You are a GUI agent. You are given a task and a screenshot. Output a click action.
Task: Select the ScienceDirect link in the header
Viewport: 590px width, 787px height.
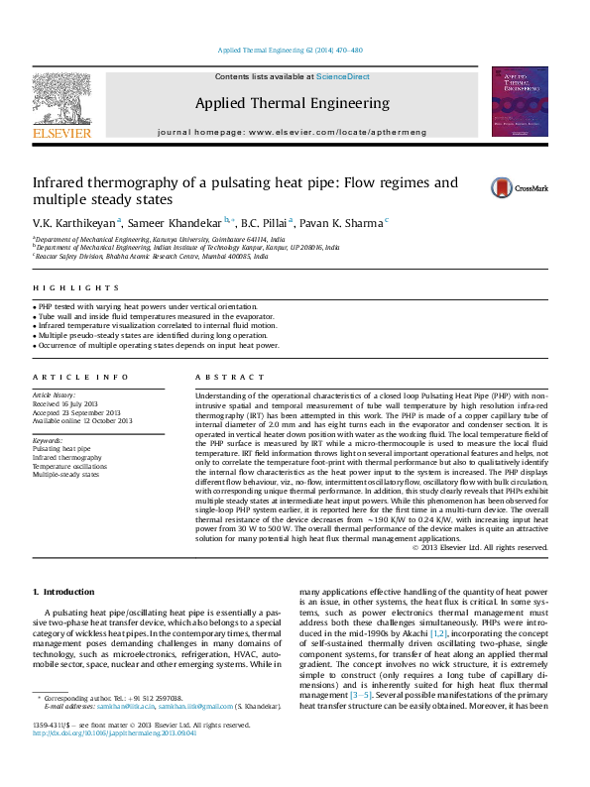pos(342,76)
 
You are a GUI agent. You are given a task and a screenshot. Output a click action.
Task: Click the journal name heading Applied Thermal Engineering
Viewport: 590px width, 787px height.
pos(292,103)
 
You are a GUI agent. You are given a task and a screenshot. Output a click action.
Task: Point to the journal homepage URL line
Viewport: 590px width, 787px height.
pos(292,132)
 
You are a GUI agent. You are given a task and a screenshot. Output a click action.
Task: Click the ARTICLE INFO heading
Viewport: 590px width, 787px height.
pos(66,378)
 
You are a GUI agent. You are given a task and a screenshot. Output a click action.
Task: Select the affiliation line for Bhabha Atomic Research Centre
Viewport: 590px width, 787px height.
pos(151,256)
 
